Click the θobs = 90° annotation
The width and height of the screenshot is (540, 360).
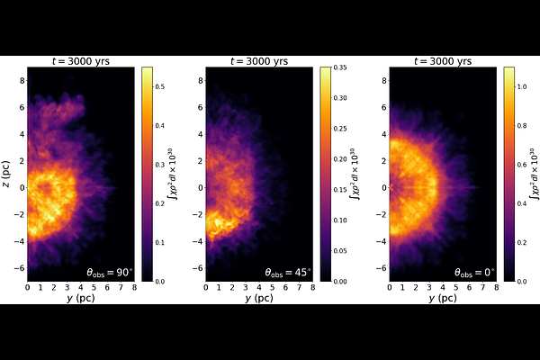point(107,272)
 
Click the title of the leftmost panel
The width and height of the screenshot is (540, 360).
point(81,61)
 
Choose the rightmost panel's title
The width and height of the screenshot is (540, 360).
point(440,61)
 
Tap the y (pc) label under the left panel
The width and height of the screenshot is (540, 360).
point(81,297)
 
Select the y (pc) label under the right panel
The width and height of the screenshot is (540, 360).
point(440,297)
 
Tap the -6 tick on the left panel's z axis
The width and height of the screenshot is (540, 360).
point(20,268)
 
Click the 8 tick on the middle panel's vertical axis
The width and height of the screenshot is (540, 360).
point(200,80)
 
